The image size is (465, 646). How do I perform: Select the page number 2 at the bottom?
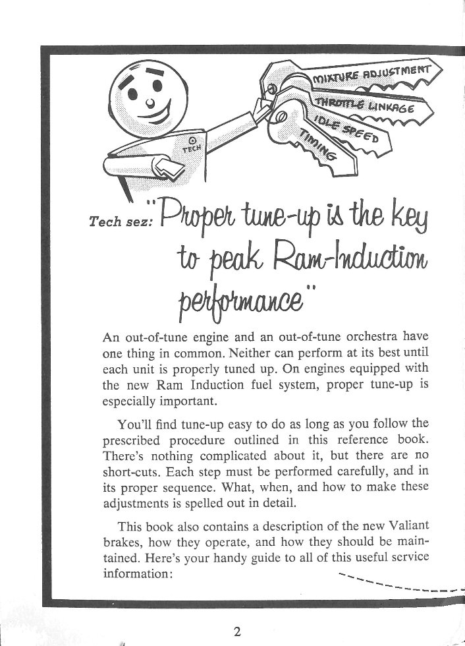click(236, 631)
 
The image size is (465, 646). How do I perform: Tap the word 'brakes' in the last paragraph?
click(121, 541)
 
